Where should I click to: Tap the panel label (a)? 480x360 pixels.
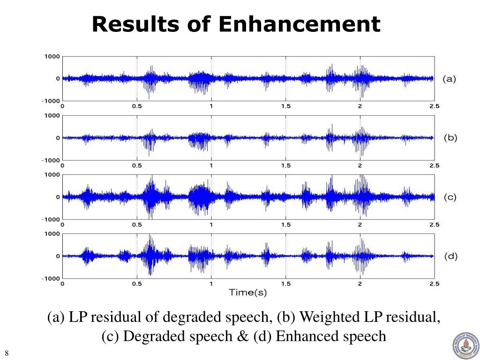pos(449,79)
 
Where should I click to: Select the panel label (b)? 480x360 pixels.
pos(450,138)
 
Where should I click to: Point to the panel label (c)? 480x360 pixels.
pos(450,197)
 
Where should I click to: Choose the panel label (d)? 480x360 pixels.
pos(450,256)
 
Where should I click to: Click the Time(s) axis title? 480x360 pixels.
pos(247,293)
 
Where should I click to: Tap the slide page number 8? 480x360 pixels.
pos(7,353)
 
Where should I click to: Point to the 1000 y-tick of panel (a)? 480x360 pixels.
pos(52,56)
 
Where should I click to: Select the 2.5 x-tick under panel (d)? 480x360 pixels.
pos(434,284)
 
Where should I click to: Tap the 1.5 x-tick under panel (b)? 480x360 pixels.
pos(285,165)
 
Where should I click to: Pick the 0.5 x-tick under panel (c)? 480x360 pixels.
pos(137,225)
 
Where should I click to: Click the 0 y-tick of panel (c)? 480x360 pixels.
pos(58,197)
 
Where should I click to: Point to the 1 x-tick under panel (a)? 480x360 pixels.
pos(211,106)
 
